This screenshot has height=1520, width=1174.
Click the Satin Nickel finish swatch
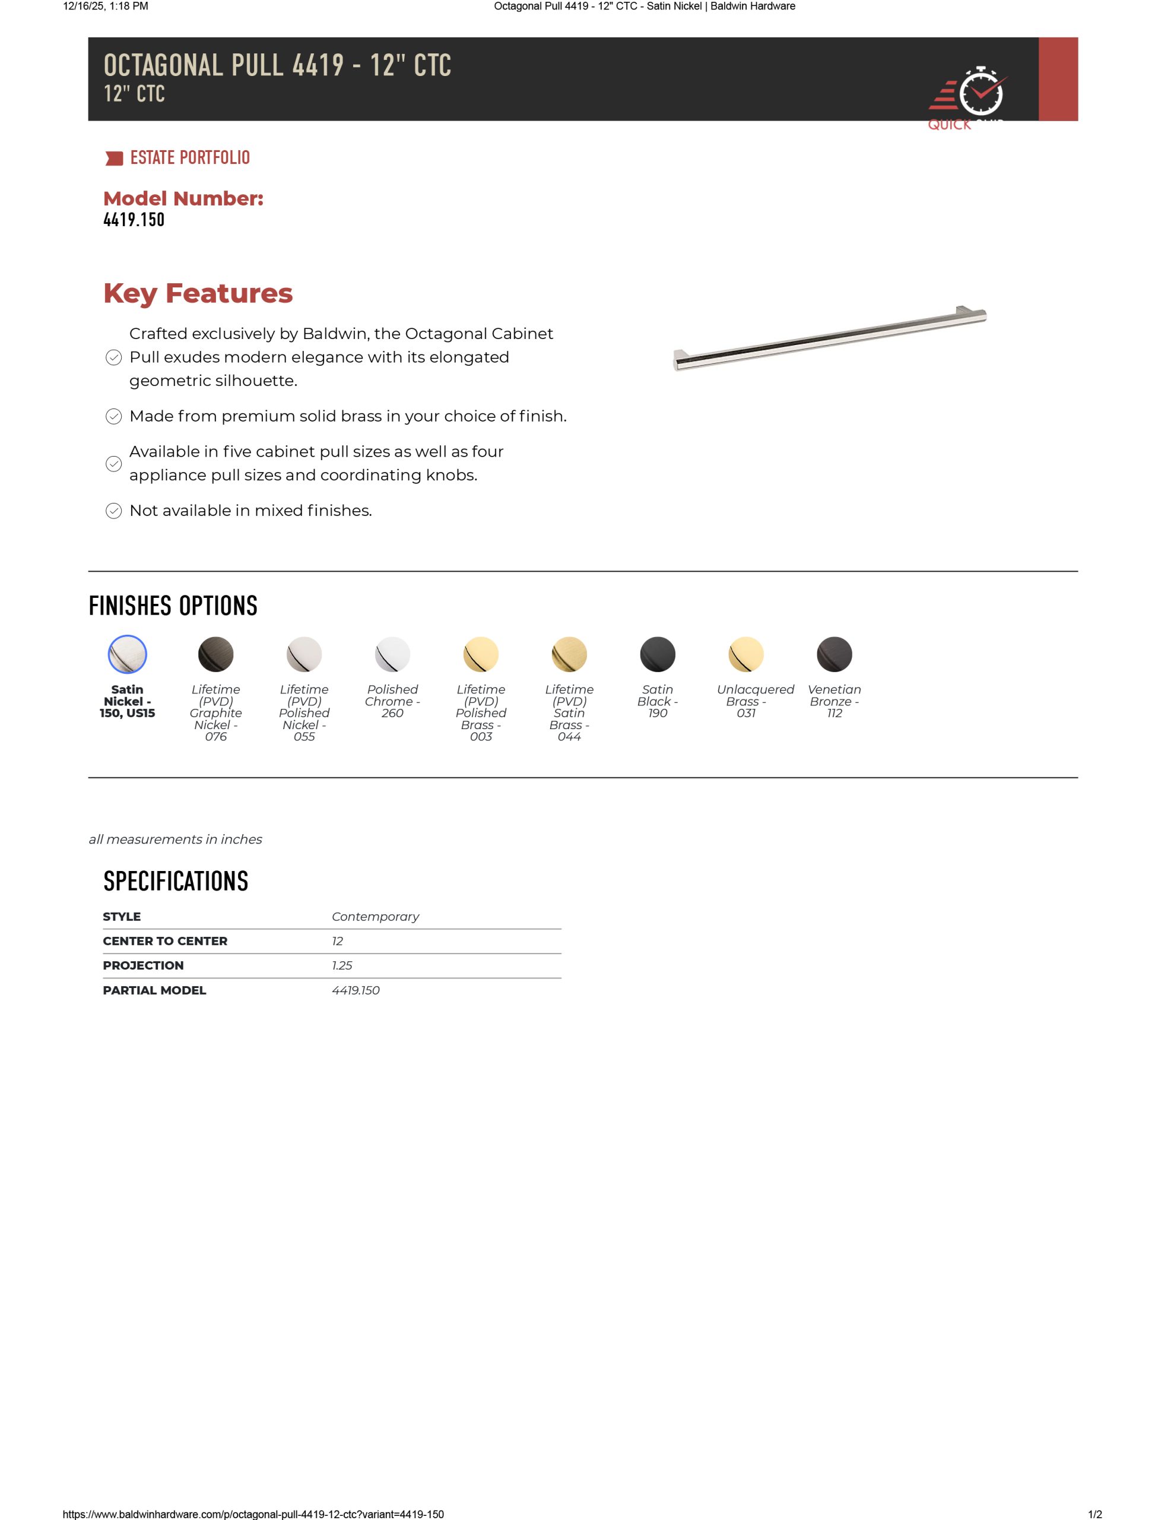[128, 654]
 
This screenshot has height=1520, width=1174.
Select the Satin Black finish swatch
[658, 654]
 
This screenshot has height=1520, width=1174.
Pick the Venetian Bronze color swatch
[835, 654]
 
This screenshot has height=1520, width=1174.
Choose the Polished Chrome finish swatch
[392, 654]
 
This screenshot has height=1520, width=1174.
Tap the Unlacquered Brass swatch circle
[746, 654]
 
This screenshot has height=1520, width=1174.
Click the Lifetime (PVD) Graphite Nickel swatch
[215, 654]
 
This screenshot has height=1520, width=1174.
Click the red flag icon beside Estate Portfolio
[114, 159]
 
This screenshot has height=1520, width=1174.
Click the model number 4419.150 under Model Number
[134, 220]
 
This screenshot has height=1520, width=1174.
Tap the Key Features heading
[198, 293]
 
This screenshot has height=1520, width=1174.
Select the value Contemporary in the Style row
[375, 917]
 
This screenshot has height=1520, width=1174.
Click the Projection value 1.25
[342, 965]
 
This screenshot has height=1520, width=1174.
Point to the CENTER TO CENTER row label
[165, 941]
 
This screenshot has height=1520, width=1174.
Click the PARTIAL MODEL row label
[154, 990]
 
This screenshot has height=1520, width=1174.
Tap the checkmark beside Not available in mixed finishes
[113, 511]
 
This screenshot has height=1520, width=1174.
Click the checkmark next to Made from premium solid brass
[113, 416]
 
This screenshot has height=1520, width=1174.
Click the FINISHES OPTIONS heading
[173, 606]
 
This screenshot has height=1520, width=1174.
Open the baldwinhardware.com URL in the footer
[253, 1513]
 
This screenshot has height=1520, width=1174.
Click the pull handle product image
[830, 339]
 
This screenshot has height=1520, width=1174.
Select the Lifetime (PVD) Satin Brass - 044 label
[569, 712]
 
